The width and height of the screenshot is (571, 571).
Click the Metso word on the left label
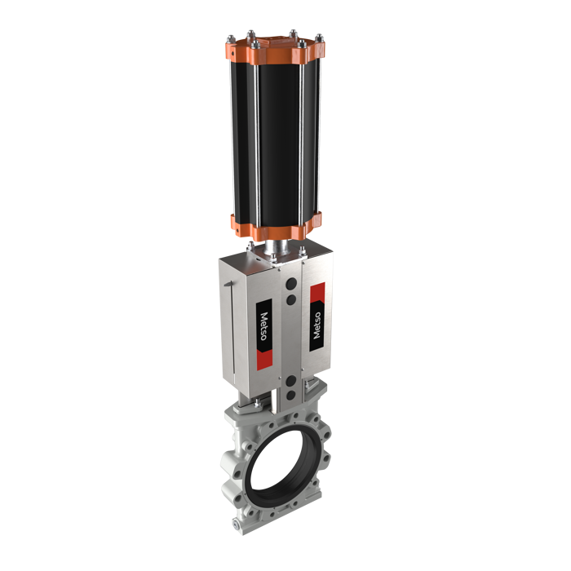(263, 326)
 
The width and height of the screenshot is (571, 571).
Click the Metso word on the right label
(316, 325)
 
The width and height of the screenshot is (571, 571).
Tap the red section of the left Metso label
(265, 360)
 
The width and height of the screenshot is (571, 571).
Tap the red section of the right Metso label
(317, 292)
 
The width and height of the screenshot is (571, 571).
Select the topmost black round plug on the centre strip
(292, 283)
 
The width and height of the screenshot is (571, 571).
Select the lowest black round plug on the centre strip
(291, 395)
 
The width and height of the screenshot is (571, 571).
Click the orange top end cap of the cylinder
(275, 51)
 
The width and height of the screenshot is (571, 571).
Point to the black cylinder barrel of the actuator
(276, 142)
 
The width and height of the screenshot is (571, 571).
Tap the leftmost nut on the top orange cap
(231, 39)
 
